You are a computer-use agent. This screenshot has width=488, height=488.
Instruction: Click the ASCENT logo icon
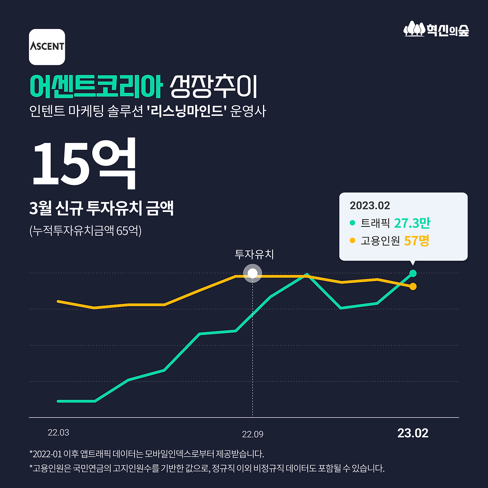[47, 47]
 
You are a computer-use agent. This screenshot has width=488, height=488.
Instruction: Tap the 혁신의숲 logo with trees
[436, 29]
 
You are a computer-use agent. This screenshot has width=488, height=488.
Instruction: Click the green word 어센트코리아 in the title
[96, 87]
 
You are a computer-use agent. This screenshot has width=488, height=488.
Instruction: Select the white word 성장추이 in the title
[213, 87]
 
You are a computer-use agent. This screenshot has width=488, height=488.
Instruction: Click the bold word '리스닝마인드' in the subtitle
[187, 111]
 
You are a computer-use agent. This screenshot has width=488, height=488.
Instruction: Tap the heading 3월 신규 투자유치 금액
[101, 208]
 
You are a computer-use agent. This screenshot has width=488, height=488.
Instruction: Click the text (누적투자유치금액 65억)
[85, 231]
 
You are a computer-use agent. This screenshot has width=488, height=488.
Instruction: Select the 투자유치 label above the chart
[254, 254]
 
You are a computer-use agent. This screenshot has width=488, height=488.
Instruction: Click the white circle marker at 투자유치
[252, 273]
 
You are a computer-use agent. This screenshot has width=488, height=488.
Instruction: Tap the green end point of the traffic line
[413, 273]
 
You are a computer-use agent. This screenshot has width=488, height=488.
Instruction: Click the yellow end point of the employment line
[413, 286]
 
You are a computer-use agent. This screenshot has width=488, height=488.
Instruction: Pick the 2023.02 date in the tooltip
[370, 206]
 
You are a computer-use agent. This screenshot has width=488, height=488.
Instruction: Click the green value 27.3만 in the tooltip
[412, 223]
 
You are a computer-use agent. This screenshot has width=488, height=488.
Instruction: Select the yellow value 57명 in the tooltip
[417, 241]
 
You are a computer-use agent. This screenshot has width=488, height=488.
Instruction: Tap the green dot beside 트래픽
[352, 223]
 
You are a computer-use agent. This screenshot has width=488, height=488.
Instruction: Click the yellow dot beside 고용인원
[352, 241]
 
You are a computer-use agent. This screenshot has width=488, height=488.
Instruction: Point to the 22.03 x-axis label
[58, 433]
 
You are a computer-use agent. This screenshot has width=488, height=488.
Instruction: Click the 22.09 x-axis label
[253, 434]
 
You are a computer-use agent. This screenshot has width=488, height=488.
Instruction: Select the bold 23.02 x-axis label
[413, 433]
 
